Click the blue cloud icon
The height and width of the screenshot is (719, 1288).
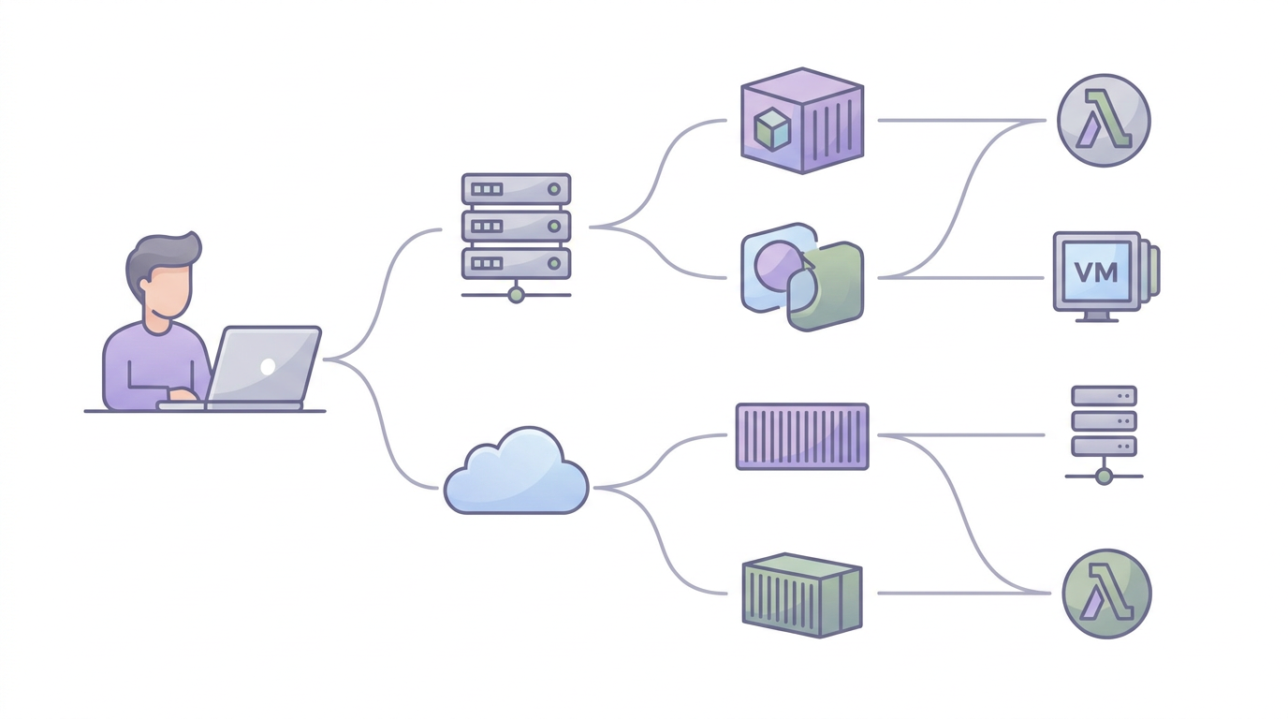pos(517,472)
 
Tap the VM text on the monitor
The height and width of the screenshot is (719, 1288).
pos(1096,272)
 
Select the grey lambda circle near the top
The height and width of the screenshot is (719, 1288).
pos(1104,120)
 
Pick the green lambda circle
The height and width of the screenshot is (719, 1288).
pos(1106,593)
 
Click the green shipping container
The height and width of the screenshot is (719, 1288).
pos(802,595)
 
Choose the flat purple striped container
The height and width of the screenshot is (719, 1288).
pos(802,436)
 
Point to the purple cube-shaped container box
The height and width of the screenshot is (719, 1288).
pos(802,120)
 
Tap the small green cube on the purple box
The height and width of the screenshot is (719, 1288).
pos(771,129)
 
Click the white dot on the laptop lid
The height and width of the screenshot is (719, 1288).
pos(268,366)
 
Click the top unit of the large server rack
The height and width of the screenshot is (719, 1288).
pos(517,189)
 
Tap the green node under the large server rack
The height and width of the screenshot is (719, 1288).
pos(517,295)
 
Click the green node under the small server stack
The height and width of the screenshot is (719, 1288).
pos(1104,477)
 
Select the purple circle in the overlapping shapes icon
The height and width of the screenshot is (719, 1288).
pos(776,267)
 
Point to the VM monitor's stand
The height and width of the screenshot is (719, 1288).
pos(1097,316)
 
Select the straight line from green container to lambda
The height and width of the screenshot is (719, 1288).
pos(964,593)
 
